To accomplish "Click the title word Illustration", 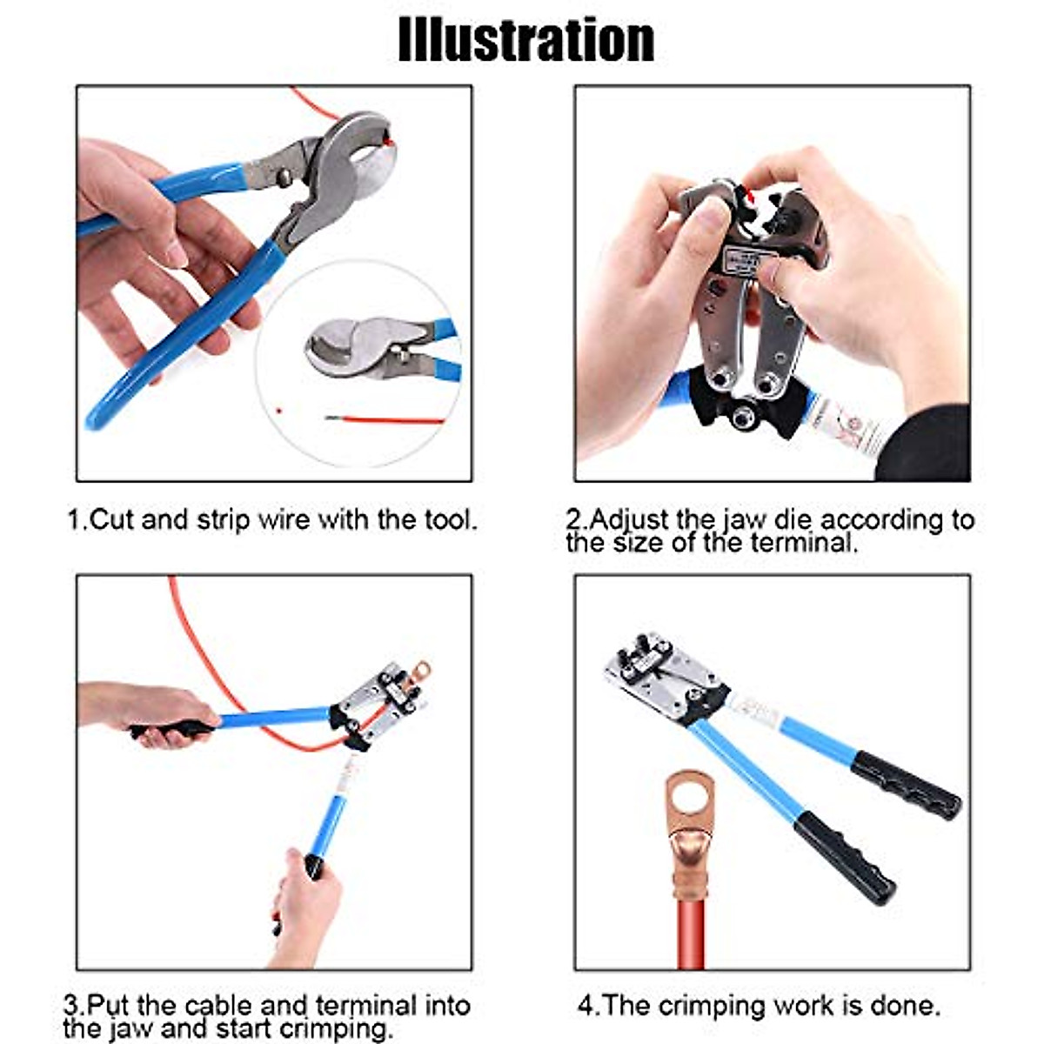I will (525, 40).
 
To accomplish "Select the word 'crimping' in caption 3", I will (335, 1029).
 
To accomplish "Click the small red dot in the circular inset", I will (278, 409).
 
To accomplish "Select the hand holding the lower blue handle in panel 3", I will (304, 905).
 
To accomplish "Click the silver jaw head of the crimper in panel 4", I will (652, 674).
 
